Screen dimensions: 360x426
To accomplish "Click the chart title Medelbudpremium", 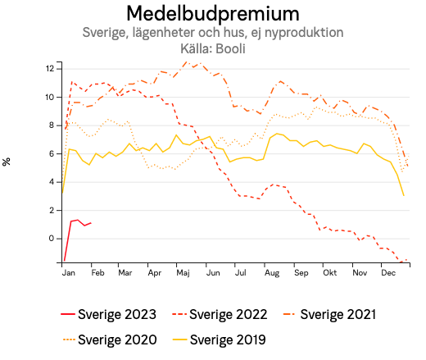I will click(212, 14).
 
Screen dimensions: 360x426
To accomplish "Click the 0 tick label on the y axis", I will click(53, 239).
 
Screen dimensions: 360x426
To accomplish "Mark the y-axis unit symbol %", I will click(7, 162).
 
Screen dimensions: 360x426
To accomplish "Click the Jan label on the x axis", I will click(69, 272).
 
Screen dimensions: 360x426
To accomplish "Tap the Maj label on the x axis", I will click(183, 272).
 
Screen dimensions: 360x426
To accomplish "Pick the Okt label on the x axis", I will click(329, 272).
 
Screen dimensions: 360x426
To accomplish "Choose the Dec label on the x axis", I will click(387, 272).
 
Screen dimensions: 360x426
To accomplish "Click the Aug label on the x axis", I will click(271, 272).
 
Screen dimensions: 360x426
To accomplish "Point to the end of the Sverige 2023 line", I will click(91, 222).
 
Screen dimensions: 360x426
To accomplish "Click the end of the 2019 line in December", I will click(404, 195).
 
